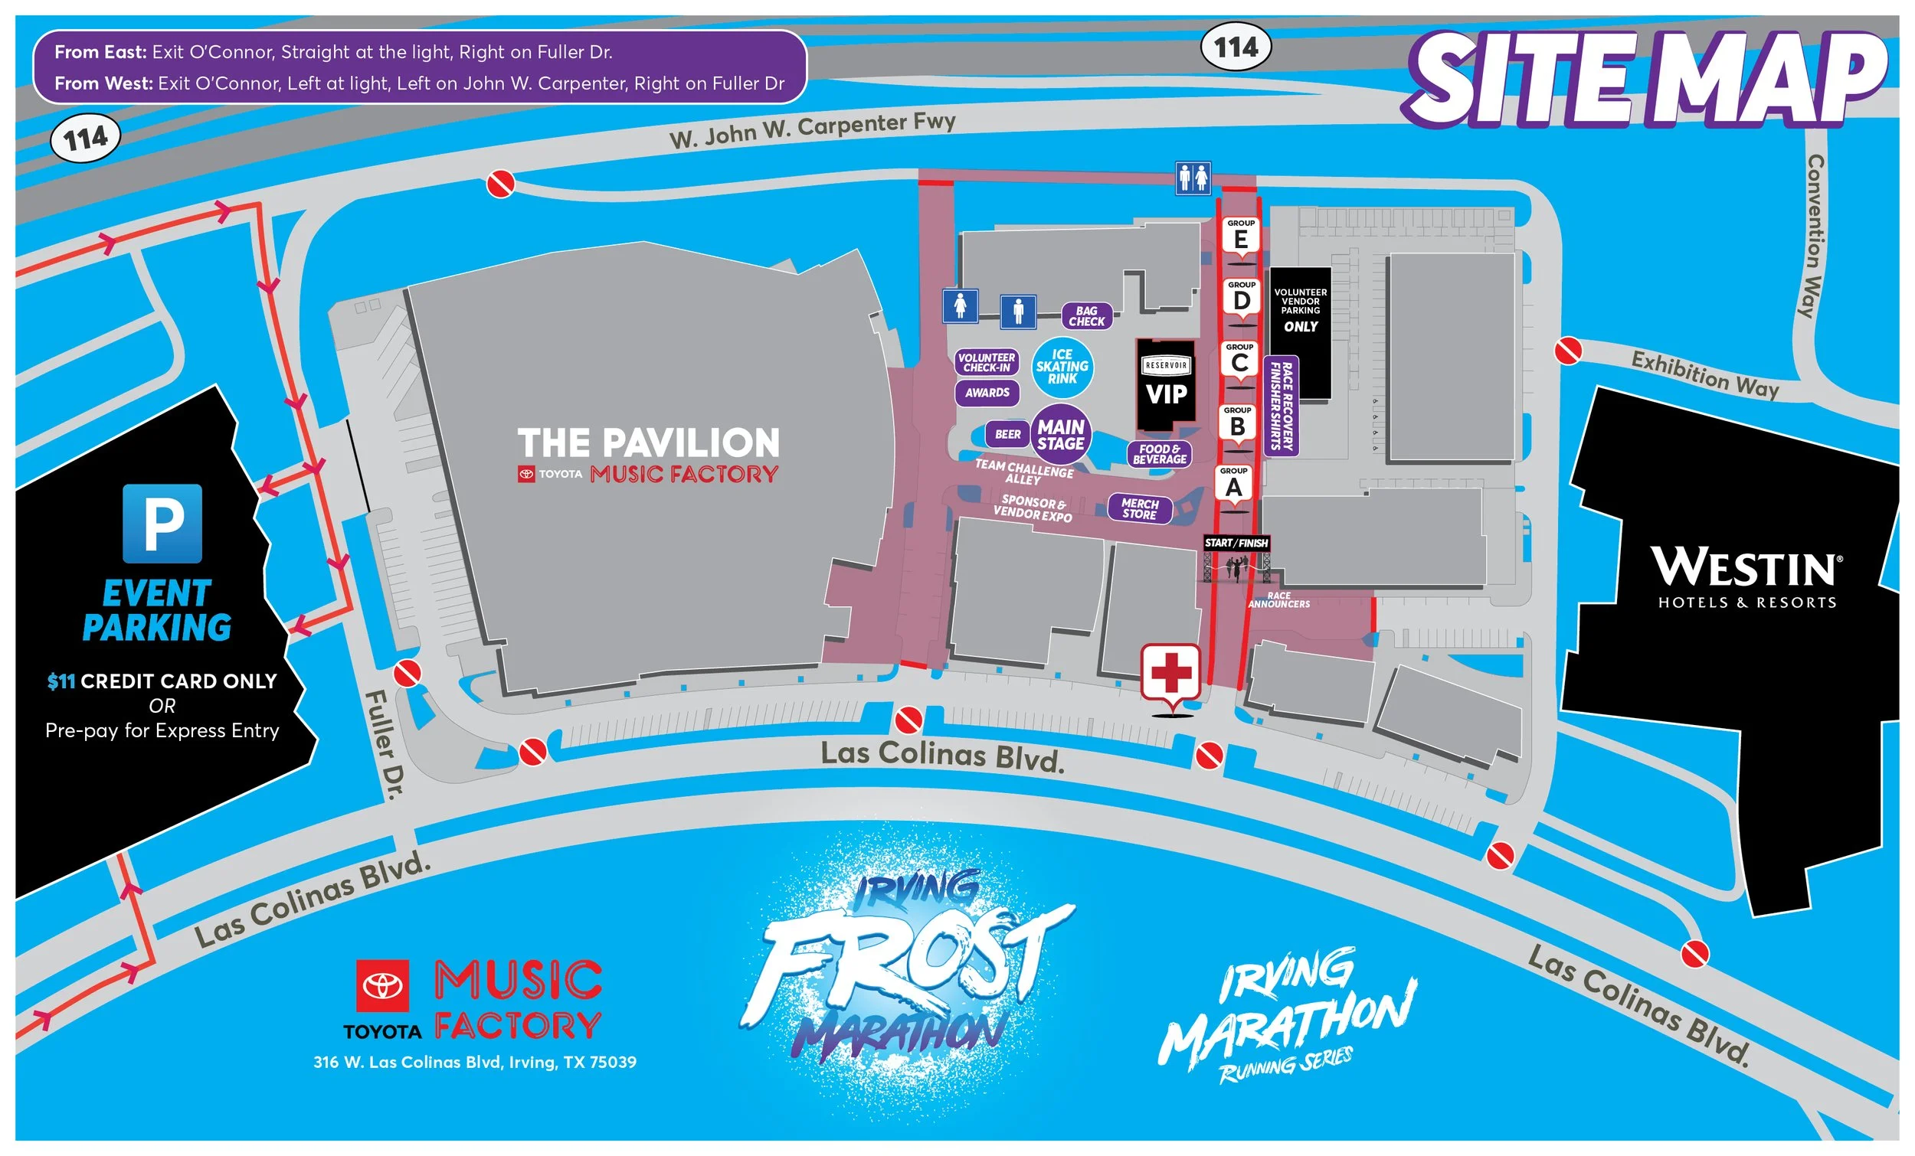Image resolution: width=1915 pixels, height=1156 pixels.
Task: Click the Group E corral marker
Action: coord(1240,235)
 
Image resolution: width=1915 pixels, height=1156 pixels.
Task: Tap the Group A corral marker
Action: coord(1233,483)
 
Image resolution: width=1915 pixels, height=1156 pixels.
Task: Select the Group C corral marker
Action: coord(1239,359)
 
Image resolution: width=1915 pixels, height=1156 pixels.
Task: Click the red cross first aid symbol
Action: coord(1170,673)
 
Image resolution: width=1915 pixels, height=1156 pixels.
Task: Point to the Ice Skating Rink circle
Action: coord(1062,367)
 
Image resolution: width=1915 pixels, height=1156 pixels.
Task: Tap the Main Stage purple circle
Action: coord(1060,435)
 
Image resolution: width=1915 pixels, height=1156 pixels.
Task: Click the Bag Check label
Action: coord(1086,316)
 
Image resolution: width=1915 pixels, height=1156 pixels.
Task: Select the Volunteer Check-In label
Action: coord(987,363)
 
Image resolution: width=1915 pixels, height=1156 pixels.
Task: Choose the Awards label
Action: coord(987,393)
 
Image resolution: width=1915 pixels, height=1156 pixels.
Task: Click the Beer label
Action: coord(1008,434)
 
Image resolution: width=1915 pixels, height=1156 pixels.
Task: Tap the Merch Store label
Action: coord(1139,509)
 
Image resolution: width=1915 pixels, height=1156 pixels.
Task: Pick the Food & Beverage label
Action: coord(1160,455)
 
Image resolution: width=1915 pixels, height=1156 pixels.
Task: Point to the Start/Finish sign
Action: coord(1236,543)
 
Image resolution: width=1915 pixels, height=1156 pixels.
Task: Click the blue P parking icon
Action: coord(162,524)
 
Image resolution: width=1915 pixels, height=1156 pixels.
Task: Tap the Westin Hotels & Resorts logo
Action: coord(1746,576)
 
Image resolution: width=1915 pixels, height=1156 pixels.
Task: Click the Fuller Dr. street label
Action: coord(386,743)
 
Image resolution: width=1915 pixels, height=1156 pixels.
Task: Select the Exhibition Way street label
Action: coord(1704,374)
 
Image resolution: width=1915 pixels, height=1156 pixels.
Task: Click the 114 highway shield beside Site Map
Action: coord(1236,47)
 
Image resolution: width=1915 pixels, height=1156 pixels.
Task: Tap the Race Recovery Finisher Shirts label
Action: coord(1281,406)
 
